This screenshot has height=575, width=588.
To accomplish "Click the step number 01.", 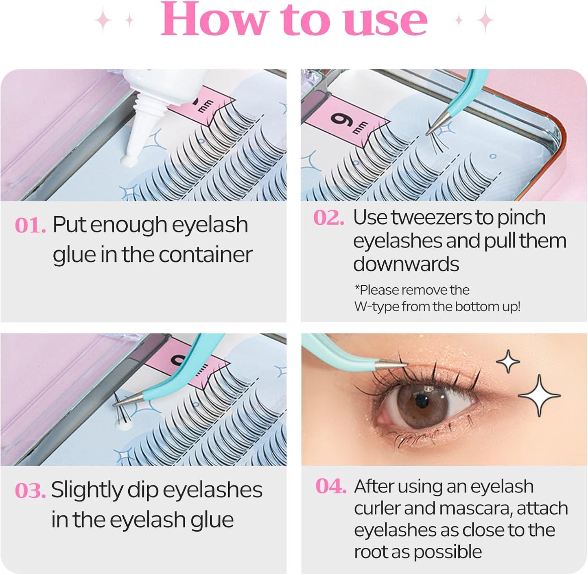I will tap(30, 225).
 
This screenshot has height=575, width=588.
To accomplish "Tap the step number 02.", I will tap(328, 218).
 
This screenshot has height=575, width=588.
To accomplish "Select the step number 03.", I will tap(30, 490).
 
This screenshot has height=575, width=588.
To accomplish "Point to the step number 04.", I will tap(331, 486).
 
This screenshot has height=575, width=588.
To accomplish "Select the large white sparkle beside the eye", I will tap(539, 395).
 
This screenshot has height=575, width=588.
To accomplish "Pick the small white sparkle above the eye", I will tap(508, 361).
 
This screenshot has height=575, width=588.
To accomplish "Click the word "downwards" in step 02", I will tap(406, 264).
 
